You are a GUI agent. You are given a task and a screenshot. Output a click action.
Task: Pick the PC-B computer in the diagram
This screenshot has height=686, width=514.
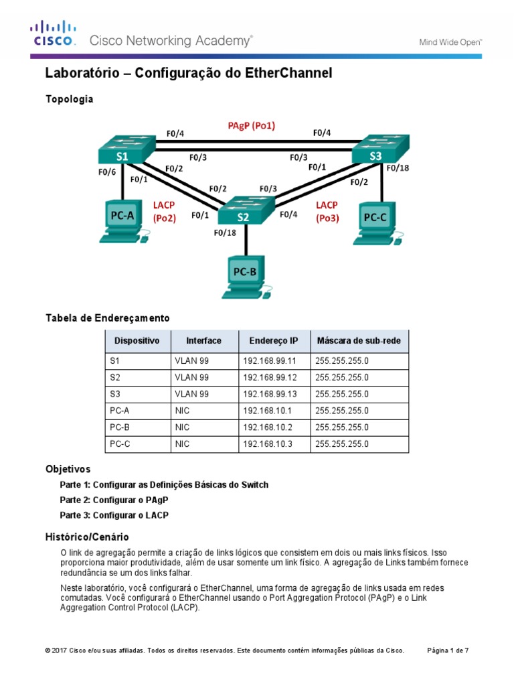pyautogui.click(x=245, y=277)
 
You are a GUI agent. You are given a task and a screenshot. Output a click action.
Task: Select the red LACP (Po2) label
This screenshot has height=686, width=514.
pyautogui.click(x=164, y=211)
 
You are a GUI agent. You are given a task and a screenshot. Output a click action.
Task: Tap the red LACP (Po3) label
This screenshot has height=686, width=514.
pyautogui.click(x=327, y=211)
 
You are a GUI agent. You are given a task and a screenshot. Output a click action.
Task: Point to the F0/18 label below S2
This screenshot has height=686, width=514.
pyautogui.click(x=224, y=233)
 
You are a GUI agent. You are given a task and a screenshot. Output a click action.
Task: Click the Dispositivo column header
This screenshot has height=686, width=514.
pyautogui.click(x=137, y=341)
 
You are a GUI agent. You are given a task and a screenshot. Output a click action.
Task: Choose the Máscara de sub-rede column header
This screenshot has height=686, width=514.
pyautogui.click(x=359, y=341)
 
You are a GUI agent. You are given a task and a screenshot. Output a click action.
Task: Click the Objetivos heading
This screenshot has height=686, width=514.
pyautogui.click(x=68, y=469)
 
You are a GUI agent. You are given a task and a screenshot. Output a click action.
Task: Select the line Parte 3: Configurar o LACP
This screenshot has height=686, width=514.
pyautogui.click(x=114, y=515)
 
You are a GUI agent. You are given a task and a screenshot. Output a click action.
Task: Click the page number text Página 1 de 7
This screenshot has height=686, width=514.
pyautogui.click(x=448, y=650)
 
